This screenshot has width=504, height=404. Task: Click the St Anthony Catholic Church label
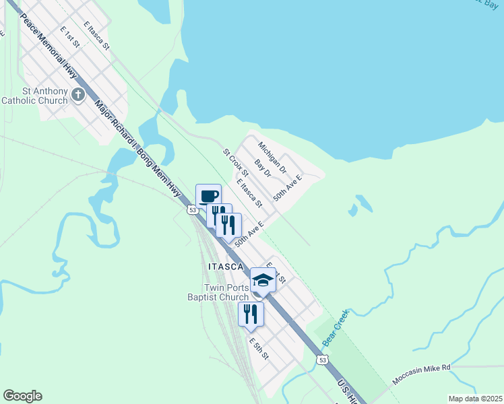(x=34, y=96)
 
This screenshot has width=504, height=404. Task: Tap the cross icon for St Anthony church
(x=77, y=94)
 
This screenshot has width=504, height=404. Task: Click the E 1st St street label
(x=70, y=38)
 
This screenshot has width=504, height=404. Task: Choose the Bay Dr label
(x=262, y=168)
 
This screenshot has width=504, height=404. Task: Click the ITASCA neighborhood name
(x=225, y=267)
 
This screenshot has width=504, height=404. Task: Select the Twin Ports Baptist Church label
(x=218, y=292)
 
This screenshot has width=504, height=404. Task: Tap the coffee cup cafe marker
(x=209, y=196)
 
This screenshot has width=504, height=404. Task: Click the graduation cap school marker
(x=263, y=280)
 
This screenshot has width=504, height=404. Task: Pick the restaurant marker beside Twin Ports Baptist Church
(x=251, y=314)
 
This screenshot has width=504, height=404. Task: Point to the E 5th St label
(x=259, y=347)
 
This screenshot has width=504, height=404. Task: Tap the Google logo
(x=22, y=396)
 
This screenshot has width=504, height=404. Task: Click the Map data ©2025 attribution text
(x=475, y=399)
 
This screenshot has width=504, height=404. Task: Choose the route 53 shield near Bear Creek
(x=323, y=361)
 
